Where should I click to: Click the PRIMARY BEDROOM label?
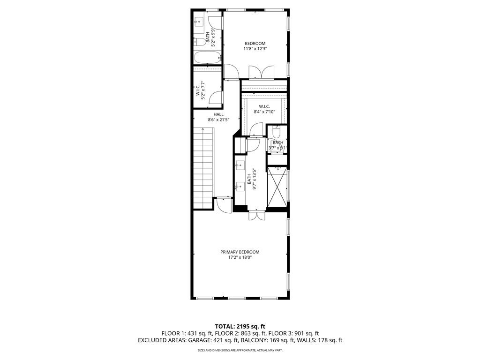tap(240, 252)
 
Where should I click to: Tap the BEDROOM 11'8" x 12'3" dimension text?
tap(255, 49)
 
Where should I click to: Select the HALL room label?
tap(218, 114)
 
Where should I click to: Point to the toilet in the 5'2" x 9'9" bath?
tap(199, 42)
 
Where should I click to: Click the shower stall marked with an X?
tap(277, 187)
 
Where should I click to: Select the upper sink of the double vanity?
tap(240, 165)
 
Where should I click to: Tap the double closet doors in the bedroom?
tap(261, 73)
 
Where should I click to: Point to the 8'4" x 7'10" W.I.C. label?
tap(264, 109)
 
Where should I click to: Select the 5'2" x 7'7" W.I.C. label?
tap(201, 91)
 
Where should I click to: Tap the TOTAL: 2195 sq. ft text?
tap(240, 326)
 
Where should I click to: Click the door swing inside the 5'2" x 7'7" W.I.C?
tap(216, 97)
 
